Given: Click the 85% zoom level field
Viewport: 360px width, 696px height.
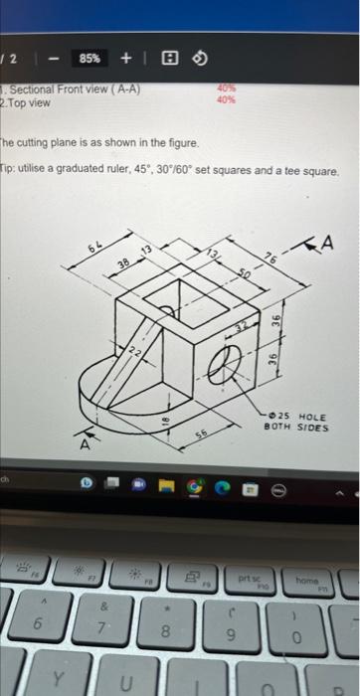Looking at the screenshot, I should (89, 58).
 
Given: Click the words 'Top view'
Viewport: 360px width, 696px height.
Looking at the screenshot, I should (30, 102).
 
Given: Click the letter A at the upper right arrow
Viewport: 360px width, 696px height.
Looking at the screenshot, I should (326, 243).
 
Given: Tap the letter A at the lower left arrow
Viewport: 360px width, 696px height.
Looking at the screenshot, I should (87, 446).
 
